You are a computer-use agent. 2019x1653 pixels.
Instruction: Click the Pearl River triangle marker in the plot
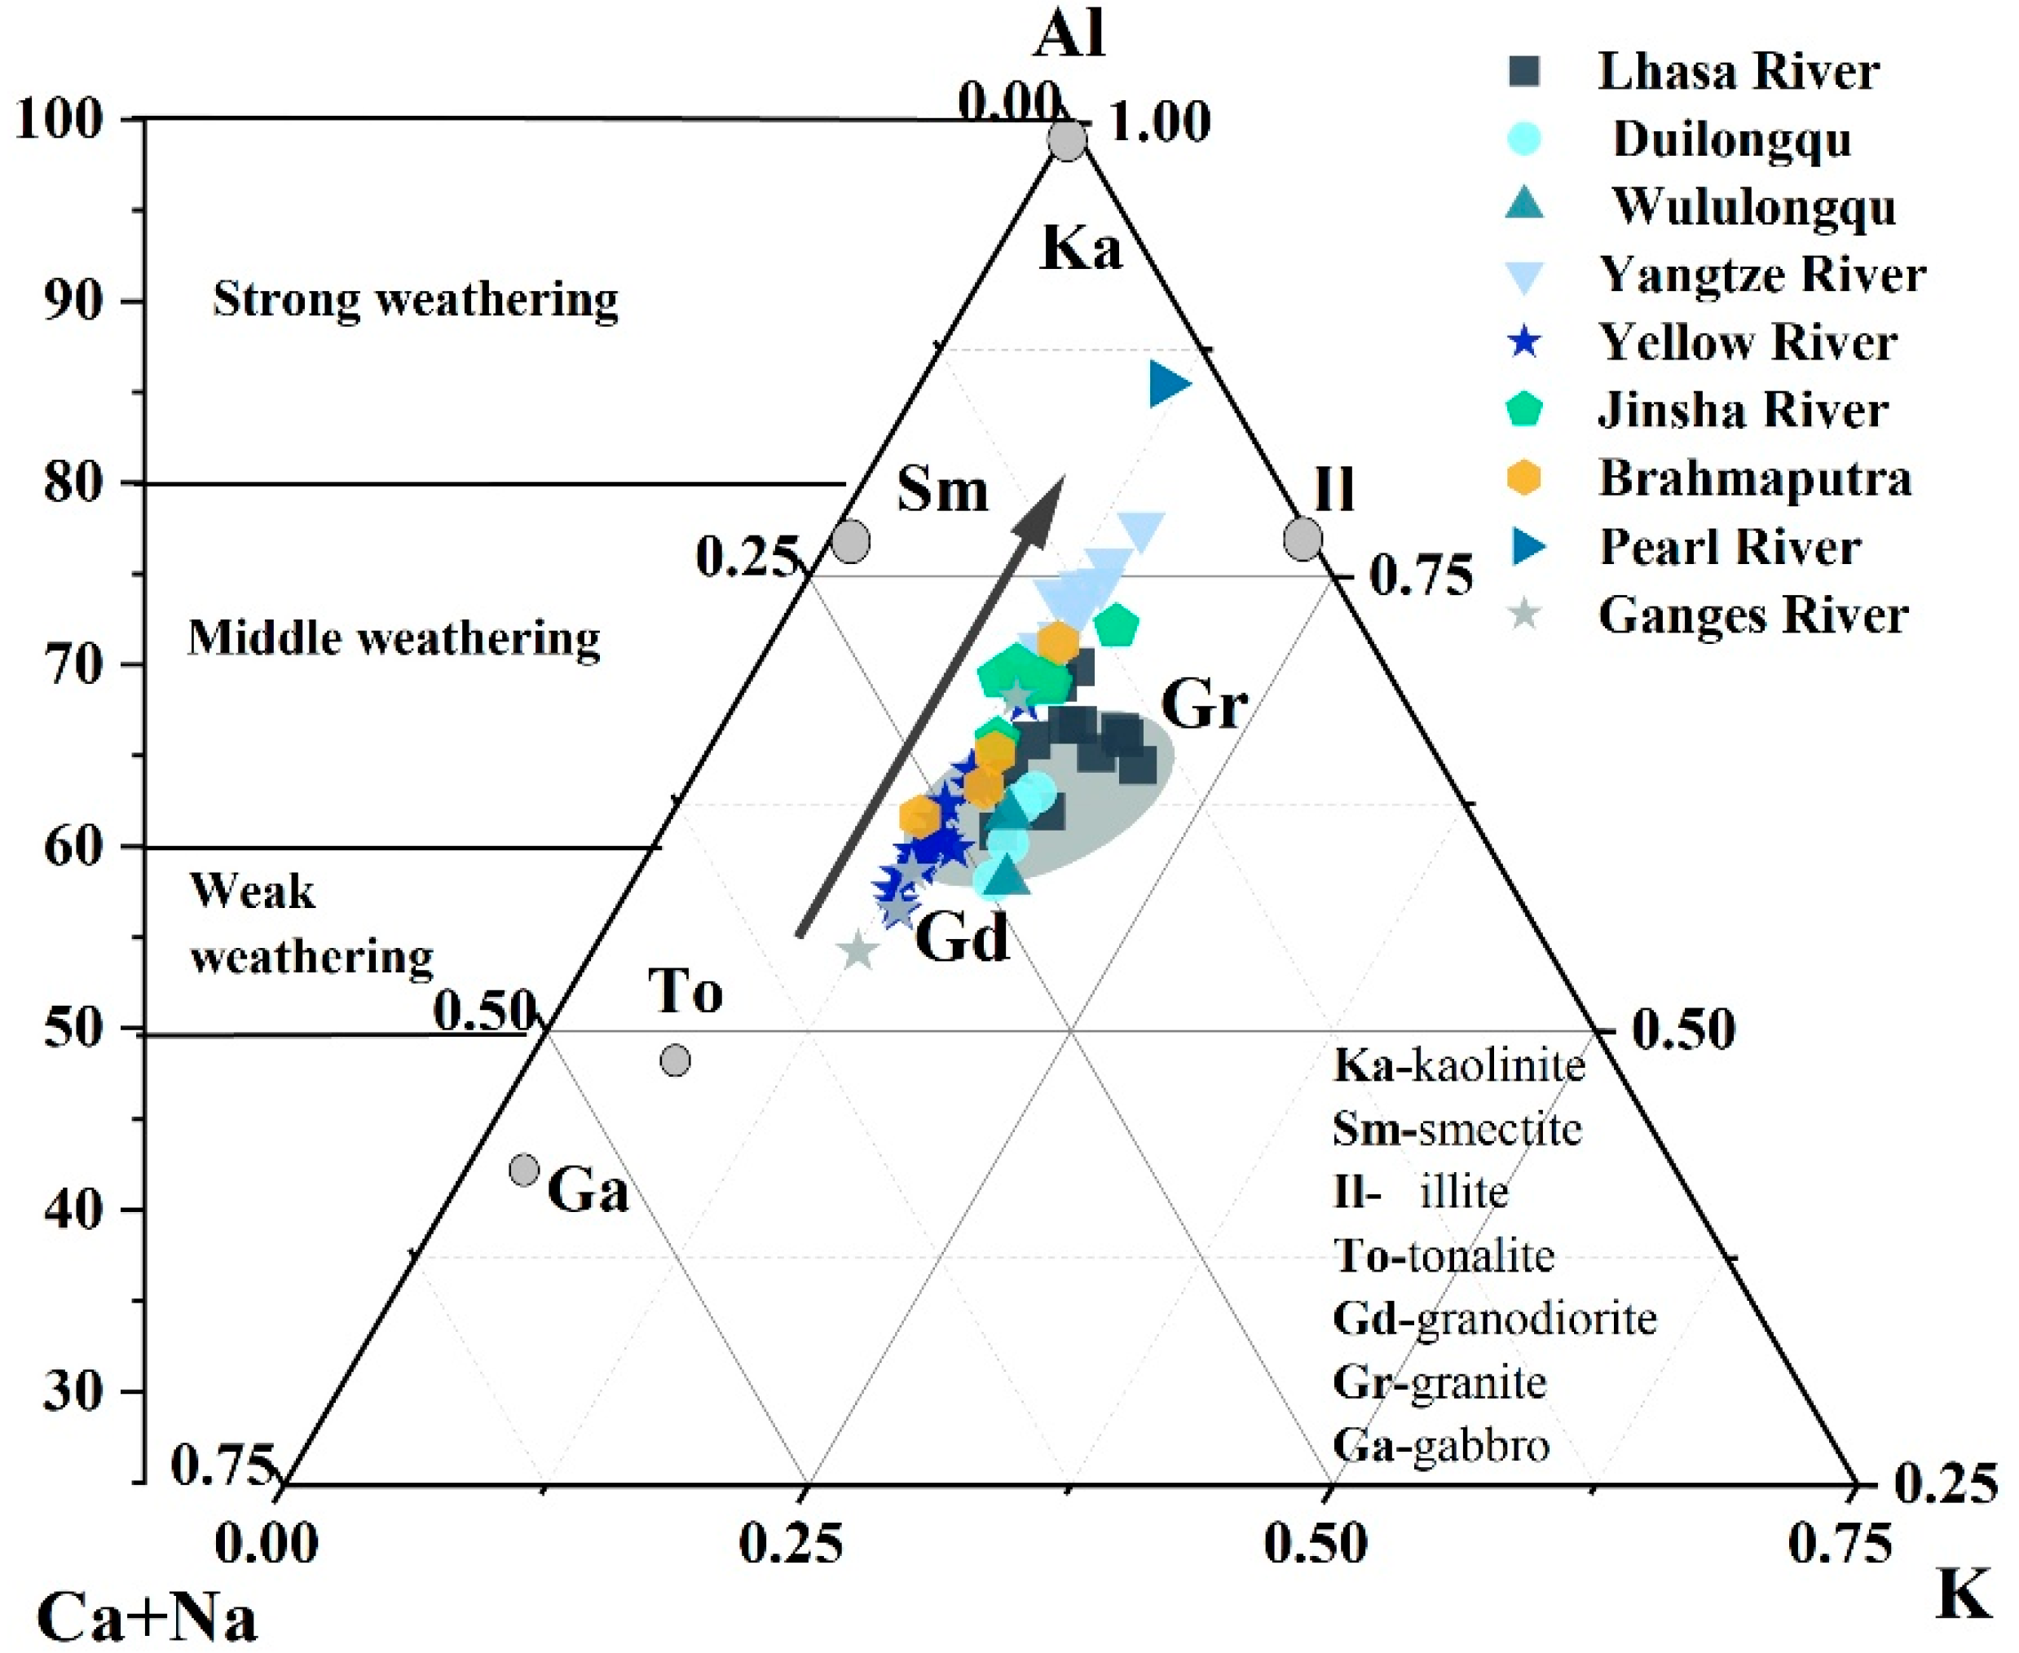click(x=1167, y=384)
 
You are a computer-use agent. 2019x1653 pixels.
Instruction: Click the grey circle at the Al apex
click(x=1067, y=140)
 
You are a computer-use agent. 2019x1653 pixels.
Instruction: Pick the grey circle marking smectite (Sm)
click(x=850, y=541)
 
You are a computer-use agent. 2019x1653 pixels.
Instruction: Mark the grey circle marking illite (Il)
click(x=1303, y=539)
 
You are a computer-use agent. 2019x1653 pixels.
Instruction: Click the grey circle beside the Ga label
click(x=524, y=1170)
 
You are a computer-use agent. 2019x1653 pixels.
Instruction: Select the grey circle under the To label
click(x=675, y=1060)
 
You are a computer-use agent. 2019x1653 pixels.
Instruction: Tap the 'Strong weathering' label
click(x=415, y=299)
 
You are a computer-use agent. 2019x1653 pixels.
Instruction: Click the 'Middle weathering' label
click(x=394, y=638)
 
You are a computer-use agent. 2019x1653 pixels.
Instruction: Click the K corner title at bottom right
click(x=1963, y=1596)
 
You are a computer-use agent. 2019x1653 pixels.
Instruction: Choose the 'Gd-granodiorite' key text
click(x=1493, y=1319)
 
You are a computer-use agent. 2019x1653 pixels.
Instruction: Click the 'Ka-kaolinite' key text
click(x=1458, y=1065)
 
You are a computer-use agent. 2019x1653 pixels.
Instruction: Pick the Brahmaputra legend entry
click(x=1753, y=479)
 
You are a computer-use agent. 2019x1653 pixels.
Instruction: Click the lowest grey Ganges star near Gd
click(x=859, y=950)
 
